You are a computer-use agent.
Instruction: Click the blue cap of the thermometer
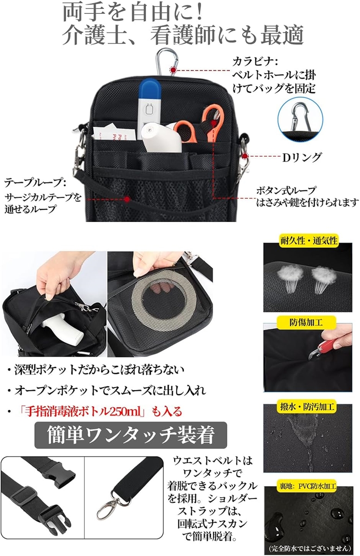click(149, 88)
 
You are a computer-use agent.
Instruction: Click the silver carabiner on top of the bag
click(167, 62)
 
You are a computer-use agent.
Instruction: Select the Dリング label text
click(302, 157)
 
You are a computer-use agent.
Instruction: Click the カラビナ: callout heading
click(255, 62)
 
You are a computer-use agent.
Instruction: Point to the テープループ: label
click(35, 183)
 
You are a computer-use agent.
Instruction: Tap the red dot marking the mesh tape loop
click(127, 199)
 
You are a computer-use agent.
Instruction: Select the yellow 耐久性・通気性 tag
click(309, 240)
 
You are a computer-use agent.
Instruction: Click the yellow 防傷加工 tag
click(306, 322)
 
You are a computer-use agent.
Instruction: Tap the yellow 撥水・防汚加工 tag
click(306, 406)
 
